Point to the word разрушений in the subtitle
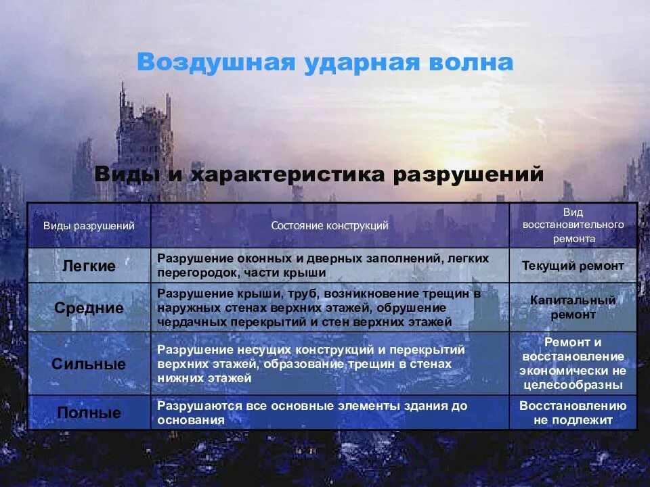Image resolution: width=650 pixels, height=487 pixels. click(x=469, y=174)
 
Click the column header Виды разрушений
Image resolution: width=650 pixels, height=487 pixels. click(x=89, y=226)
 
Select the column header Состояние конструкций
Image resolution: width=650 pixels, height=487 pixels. click(x=330, y=226)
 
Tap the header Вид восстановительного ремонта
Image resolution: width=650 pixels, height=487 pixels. click(x=573, y=225)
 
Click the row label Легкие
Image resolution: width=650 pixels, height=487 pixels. click(x=89, y=266)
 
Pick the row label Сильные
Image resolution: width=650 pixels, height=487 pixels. click(x=89, y=364)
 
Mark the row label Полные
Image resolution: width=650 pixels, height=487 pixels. click(x=89, y=413)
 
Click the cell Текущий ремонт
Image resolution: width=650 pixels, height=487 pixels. click(x=573, y=266)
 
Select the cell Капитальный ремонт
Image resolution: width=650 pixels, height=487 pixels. click(x=573, y=307)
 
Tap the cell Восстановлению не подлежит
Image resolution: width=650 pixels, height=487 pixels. click(x=573, y=413)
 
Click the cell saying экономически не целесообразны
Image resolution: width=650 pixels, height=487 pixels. click(x=573, y=377)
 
